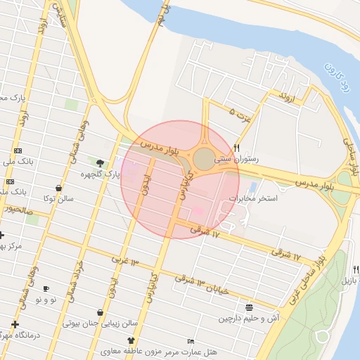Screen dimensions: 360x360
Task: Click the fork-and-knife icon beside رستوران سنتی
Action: point(237,148)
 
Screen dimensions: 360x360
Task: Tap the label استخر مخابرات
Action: point(274,199)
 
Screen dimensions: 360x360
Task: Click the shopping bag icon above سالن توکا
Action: point(58,188)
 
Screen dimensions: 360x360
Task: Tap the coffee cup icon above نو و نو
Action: point(46,288)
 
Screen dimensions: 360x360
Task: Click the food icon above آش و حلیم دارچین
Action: point(249,307)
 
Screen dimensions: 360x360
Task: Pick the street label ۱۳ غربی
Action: point(125,262)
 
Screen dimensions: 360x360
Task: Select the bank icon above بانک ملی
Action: point(18,151)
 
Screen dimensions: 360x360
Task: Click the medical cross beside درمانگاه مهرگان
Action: point(15,324)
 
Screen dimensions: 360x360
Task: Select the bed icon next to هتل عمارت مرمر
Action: point(191,341)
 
